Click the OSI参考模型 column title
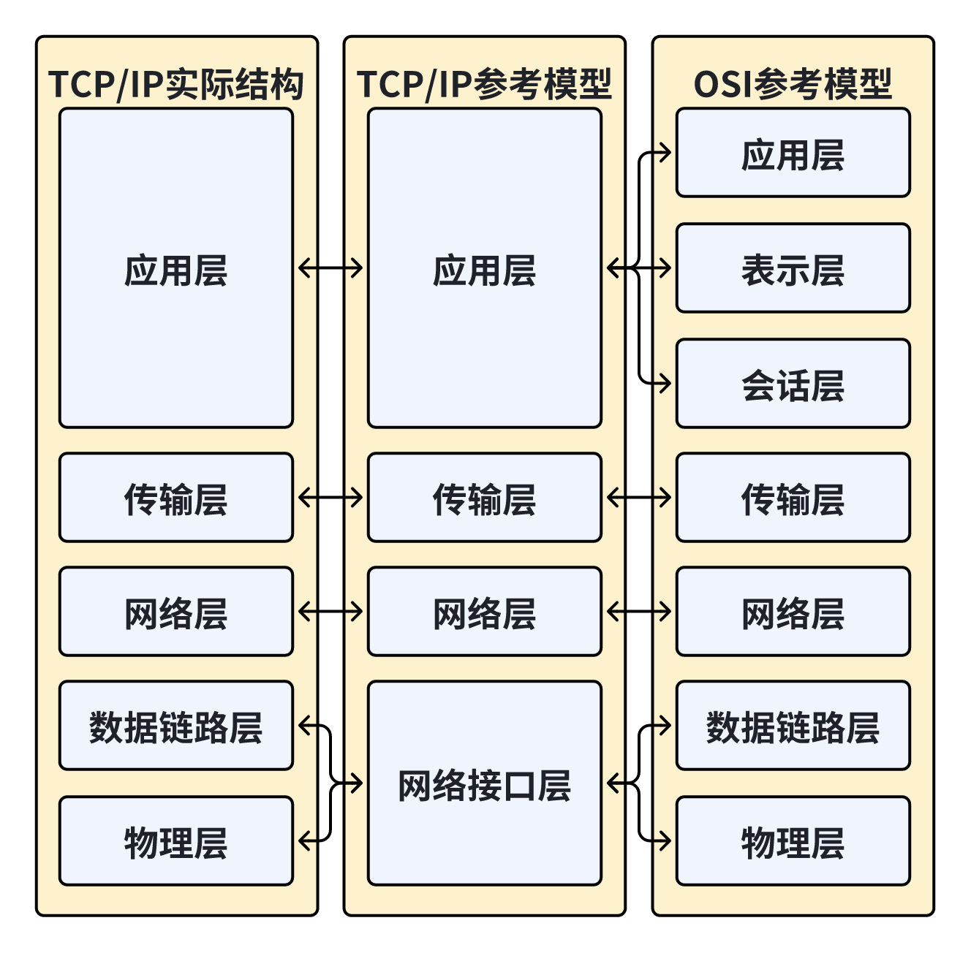click(x=793, y=84)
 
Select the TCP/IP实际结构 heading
click(x=176, y=84)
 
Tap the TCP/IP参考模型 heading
click(x=484, y=84)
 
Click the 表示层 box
click(x=793, y=268)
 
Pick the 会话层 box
click(x=793, y=384)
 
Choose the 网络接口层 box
click(x=484, y=783)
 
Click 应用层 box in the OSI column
click(x=793, y=153)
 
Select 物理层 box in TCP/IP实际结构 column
click(x=176, y=841)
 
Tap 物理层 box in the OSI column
click(x=793, y=841)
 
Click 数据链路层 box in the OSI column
click(x=793, y=726)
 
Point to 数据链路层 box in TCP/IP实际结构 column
click(x=176, y=726)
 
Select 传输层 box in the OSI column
click(x=793, y=498)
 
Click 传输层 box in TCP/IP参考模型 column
click(x=484, y=498)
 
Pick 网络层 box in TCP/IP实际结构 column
click(x=176, y=612)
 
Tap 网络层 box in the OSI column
click(x=793, y=612)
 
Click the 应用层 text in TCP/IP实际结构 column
click(x=176, y=270)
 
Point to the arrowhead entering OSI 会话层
click(x=665, y=382)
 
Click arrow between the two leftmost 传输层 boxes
click(x=330, y=498)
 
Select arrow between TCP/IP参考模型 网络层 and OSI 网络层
click(x=639, y=612)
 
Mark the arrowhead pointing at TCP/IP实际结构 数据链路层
click(x=303, y=726)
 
